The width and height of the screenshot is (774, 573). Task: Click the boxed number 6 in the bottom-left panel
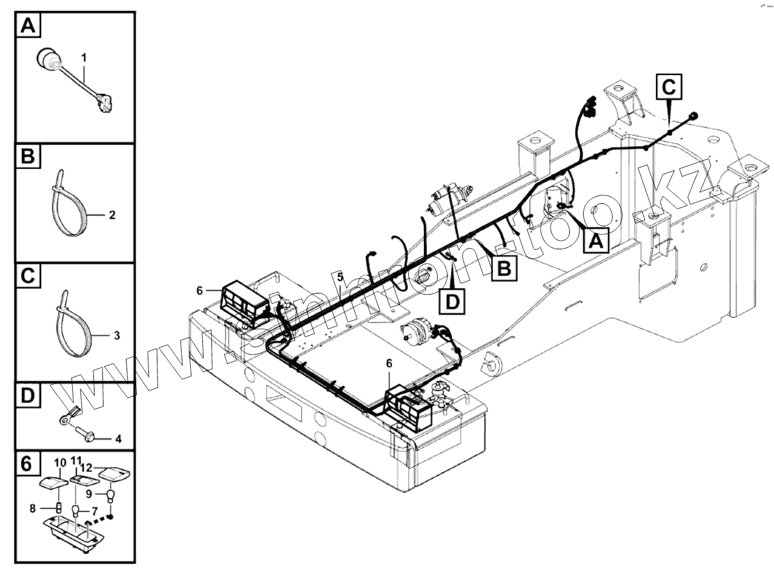pyautogui.click(x=27, y=464)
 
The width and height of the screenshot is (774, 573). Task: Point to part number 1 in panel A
pyautogui.click(x=84, y=57)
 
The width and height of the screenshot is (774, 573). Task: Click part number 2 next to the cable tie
pyautogui.click(x=111, y=214)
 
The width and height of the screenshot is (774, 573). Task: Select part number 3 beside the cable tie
pyautogui.click(x=117, y=335)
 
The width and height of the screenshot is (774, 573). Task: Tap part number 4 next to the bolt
pyautogui.click(x=119, y=439)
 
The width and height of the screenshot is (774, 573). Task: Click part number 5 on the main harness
pyautogui.click(x=340, y=277)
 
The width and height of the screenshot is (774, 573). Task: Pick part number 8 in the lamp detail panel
pyautogui.click(x=33, y=508)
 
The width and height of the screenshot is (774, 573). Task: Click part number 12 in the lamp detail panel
pyautogui.click(x=87, y=467)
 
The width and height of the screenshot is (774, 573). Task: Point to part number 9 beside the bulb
pyautogui.click(x=88, y=493)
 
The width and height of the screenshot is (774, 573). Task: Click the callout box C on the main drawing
pyautogui.click(x=669, y=87)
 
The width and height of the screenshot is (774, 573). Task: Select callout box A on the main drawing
pyautogui.click(x=595, y=241)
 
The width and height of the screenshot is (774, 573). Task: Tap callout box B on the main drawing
pyautogui.click(x=504, y=267)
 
